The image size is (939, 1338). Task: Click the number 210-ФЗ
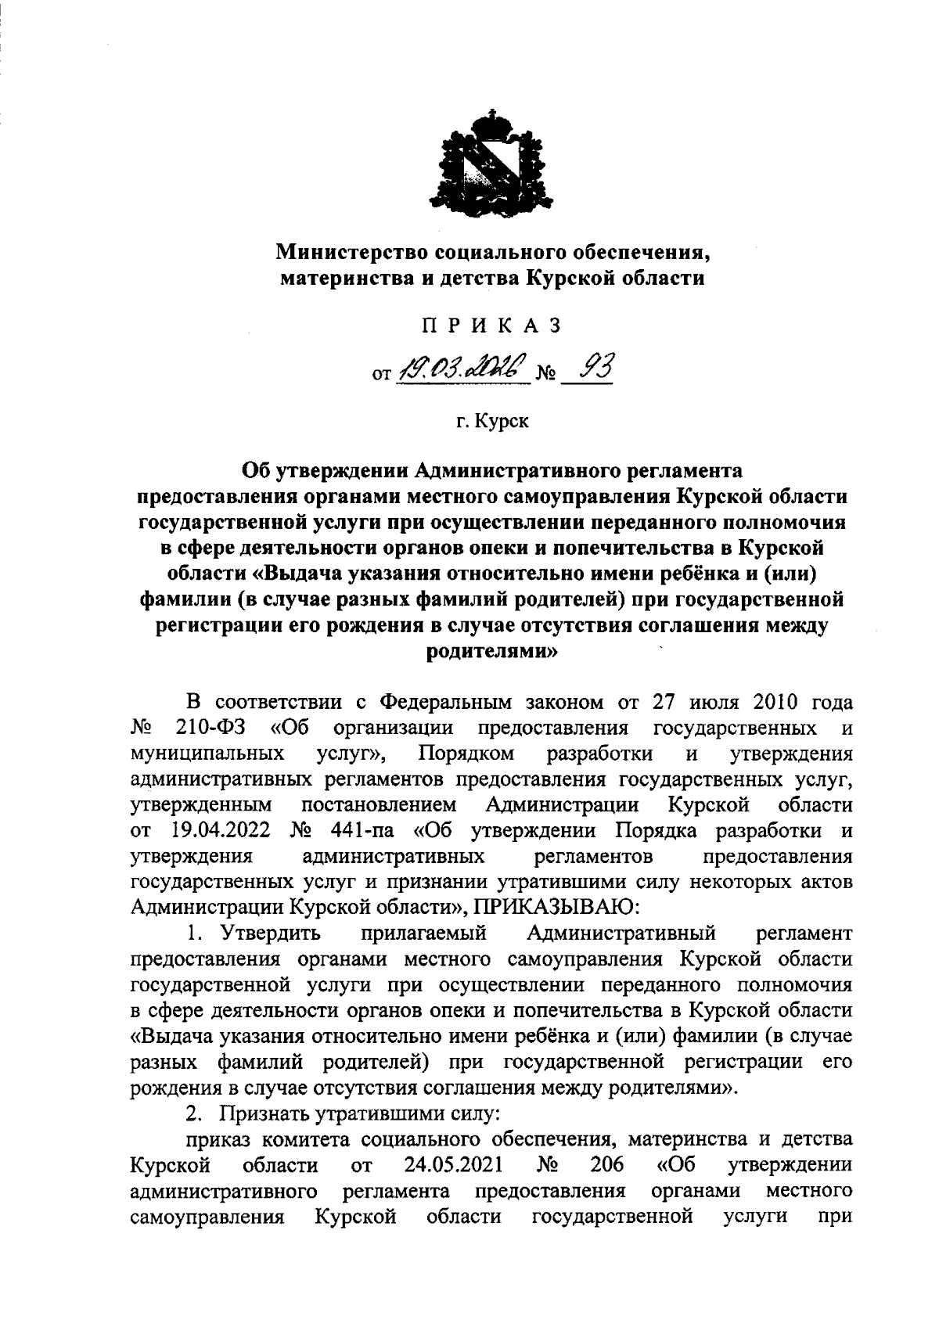coord(211,728)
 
